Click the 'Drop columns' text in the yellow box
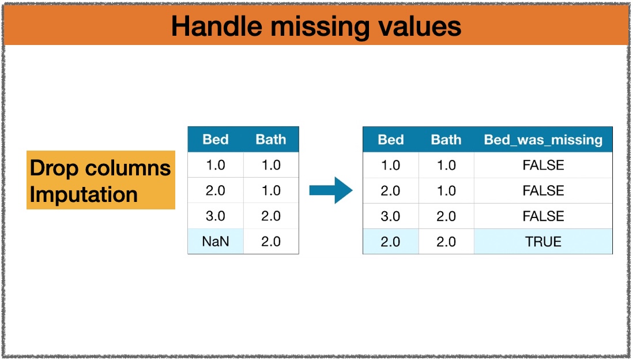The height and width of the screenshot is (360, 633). coord(100,168)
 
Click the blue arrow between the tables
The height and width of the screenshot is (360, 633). coord(331,190)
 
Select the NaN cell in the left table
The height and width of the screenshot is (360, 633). coord(216,241)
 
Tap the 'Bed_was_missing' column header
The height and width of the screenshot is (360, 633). coord(543,140)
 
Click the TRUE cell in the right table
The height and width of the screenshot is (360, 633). coord(543,241)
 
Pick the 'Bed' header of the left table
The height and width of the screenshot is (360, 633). coord(216,140)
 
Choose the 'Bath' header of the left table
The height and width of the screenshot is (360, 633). coord(271,140)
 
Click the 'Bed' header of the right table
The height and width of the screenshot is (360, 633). coord(390,140)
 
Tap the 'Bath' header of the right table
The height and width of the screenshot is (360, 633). coord(446,140)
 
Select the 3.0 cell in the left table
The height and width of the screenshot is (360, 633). coord(216,216)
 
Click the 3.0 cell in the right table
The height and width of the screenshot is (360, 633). coord(390,216)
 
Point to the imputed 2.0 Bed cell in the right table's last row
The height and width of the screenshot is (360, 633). coord(390,241)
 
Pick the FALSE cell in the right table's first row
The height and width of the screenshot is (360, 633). coord(543,165)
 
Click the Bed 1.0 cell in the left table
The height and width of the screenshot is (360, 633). coord(216,165)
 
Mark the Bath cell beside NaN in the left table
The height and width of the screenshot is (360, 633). coord(271,241)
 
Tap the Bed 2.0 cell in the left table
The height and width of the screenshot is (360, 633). coord(216,190)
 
